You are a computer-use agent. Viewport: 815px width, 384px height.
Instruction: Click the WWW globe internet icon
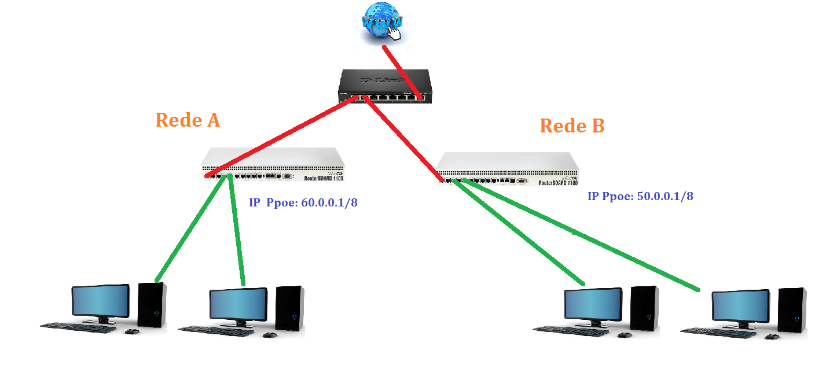click(x=383, y=23)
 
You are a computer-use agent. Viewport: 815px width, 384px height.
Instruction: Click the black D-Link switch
click(x=385, y=86)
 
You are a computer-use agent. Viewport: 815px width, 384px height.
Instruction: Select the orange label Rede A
click(x=188, y=120)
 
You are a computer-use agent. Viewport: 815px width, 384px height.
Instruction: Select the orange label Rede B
click(x=572, y=125)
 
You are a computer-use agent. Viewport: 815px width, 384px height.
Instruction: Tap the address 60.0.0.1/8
click(x=329, y=204)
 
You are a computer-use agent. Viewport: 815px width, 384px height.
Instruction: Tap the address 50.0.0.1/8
click(x=665, y=196)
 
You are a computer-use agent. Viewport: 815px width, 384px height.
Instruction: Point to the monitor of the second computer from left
click(x=238, y=305)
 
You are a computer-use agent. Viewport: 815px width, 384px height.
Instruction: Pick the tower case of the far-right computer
click(x=791, y=310)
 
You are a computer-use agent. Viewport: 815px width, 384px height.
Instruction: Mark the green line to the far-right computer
click(x=579, y=234)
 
